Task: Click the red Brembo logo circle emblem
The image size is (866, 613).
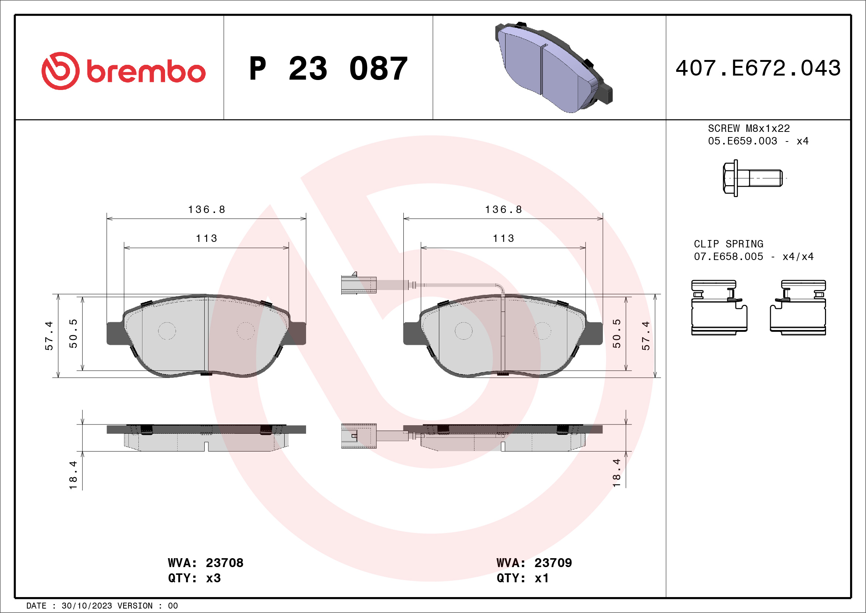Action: pyautogui.click(x=60, y=71)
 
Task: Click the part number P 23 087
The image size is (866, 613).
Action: pyautogui.click(x=328, y=69)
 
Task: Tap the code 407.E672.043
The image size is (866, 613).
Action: pyautogui.click(x=758, y=68)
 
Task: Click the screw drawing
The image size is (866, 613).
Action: pyautogui.click(x=752, y=178)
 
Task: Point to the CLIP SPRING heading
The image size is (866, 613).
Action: pyautogui.click(x=728, y=244)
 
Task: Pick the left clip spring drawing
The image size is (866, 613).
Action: pyautogui.click(x=719, y=308)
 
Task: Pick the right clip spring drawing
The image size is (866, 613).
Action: pyautogui.click(x=798, y=308)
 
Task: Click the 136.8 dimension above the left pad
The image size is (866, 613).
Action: pyautogui.click(x=207, y=210)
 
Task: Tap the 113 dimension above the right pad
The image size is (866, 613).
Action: pyautogui.click(x=504, y=239)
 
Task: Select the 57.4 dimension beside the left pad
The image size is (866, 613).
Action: pyautogui.click(x=49, y=336)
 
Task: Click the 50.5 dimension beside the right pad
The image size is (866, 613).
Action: pyautogui.click(x=616, y=333)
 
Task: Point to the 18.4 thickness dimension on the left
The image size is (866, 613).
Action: pyautogui.click(x=73, y=475)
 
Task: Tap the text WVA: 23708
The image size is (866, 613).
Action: pyautogui.click(x=205, y=563)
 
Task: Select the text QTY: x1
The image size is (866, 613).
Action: pyautogui.click(x=523, y=578)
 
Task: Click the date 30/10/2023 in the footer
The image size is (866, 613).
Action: pyautogui.click(x=87, y=606)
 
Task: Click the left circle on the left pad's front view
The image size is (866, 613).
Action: pyautogui.click(x=167, y=331)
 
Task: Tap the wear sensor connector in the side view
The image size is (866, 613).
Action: pyautogui.click(x=358, y=436)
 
